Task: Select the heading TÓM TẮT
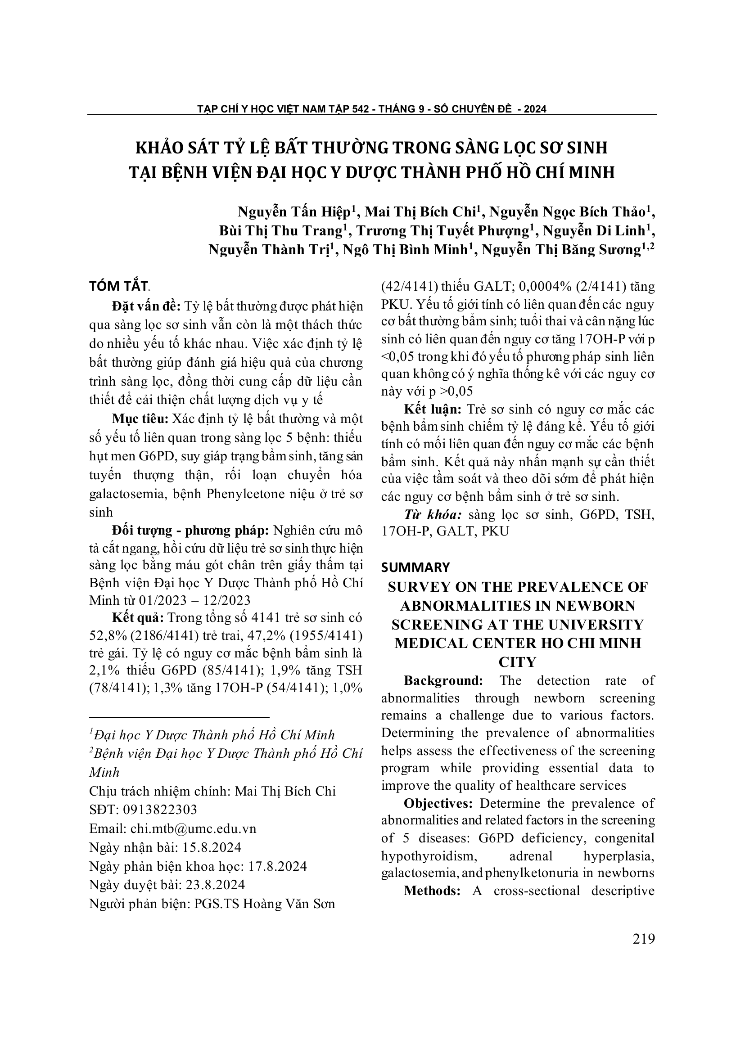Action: point(118,286)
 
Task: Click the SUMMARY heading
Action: point(415,567)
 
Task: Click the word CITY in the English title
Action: point(518,662)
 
